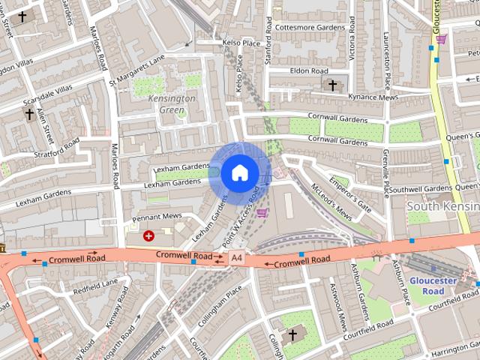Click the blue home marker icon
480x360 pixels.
[239, 173]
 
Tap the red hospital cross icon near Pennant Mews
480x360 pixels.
[148, 235]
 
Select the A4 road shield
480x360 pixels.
[237, 258]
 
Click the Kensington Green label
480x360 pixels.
[172, 103]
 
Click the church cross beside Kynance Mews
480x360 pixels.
[333, 85]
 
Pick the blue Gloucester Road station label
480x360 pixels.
[432, 286]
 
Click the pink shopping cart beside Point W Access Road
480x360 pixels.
[262, 212]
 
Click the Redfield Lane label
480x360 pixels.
[95, 286]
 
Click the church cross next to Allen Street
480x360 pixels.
[29, 114]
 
